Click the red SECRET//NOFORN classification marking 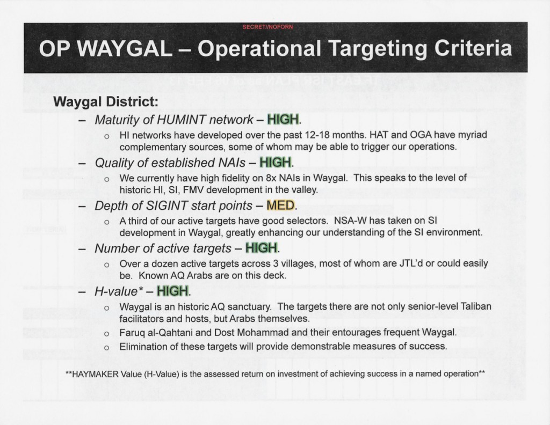[x=267, y=27]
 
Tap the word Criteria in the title [x=473, y=48]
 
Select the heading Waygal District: [x=106, y=102]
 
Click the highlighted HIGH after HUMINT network [x=283, y=120]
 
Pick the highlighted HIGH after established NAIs [x=276, y=162]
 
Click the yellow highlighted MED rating [x=280, y=206]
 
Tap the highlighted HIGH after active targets [x=262, y=248]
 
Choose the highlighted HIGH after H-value [x=172, y=291]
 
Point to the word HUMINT [x=182, y=120]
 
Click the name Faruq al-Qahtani [x=156, y=332]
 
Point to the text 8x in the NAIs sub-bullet [x=271, y=178]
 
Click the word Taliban [x=476, y=306]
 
